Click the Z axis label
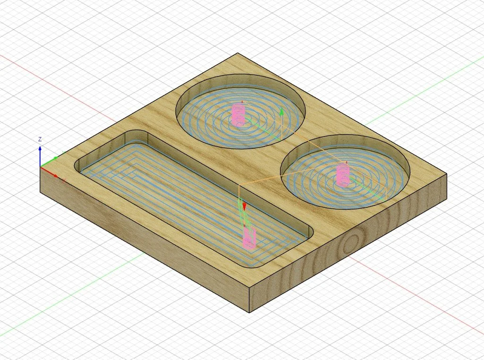[x=40, y=139]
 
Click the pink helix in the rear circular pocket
[x=239, y=115]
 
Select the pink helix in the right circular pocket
[x=343, y=174]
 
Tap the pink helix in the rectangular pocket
[x=248, y=239]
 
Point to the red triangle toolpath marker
[x=245, y=206]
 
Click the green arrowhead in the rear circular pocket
[x=282, y=112]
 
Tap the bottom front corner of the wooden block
[x=249, y=312]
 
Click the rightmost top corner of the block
[x=446, y=174]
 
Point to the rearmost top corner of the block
[x=238, y=53]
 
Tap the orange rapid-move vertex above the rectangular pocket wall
[x=239, y=185]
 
